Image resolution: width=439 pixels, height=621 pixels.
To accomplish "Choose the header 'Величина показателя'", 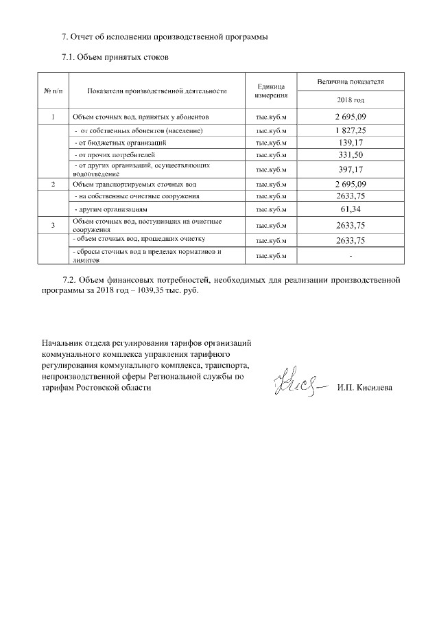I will pyautogui.click(x=350, y=82).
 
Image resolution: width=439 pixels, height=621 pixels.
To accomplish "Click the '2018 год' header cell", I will pyautogui.click(x=350, y=99).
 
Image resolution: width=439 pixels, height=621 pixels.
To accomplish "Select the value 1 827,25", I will pyautogui.click(x=350, y=130).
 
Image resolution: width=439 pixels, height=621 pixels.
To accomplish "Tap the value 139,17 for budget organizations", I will pyautogui.click(x=350, y=142).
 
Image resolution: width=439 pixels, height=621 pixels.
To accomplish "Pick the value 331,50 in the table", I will pyautogui.click(x=350, y=155).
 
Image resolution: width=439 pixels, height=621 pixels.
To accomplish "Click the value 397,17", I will pyautogui.click(x=350, y=169).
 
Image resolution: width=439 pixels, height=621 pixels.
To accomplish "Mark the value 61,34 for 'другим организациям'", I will pyautogui.click(x=350, y=209).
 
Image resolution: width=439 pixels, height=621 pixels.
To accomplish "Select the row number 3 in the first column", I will pyautogui.click(x=54, y=225).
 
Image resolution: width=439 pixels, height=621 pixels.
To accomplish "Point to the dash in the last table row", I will pyautogui.click(x=350, y=256).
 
